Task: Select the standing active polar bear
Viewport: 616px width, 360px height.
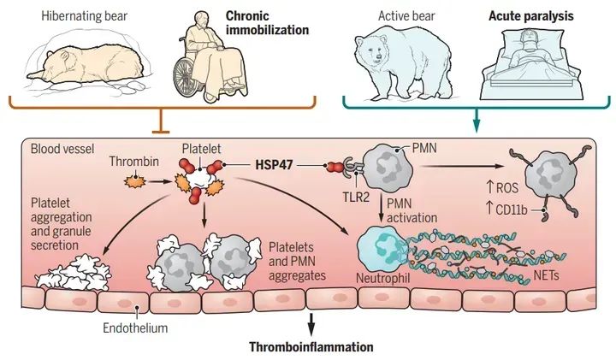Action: [397, 64]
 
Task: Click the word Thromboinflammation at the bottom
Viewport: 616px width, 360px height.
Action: [311, 347]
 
